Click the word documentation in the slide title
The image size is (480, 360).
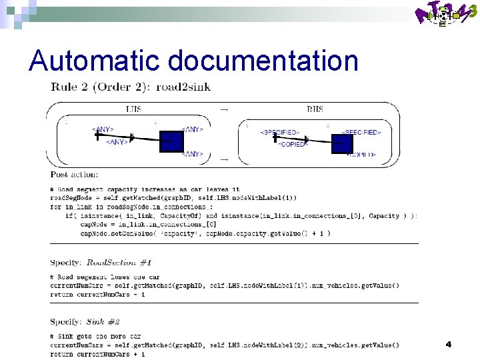[263, 61]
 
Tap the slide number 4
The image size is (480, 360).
[448, 344]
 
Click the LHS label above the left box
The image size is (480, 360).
[133, 109]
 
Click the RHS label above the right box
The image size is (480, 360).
[315, 109]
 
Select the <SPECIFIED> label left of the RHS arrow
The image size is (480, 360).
[279, 133]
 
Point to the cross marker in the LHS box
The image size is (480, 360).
[97, 135]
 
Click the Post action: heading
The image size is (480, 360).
[75, 175]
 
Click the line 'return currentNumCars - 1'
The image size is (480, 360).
[97, 294]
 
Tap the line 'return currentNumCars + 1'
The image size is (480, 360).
[97, 354]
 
